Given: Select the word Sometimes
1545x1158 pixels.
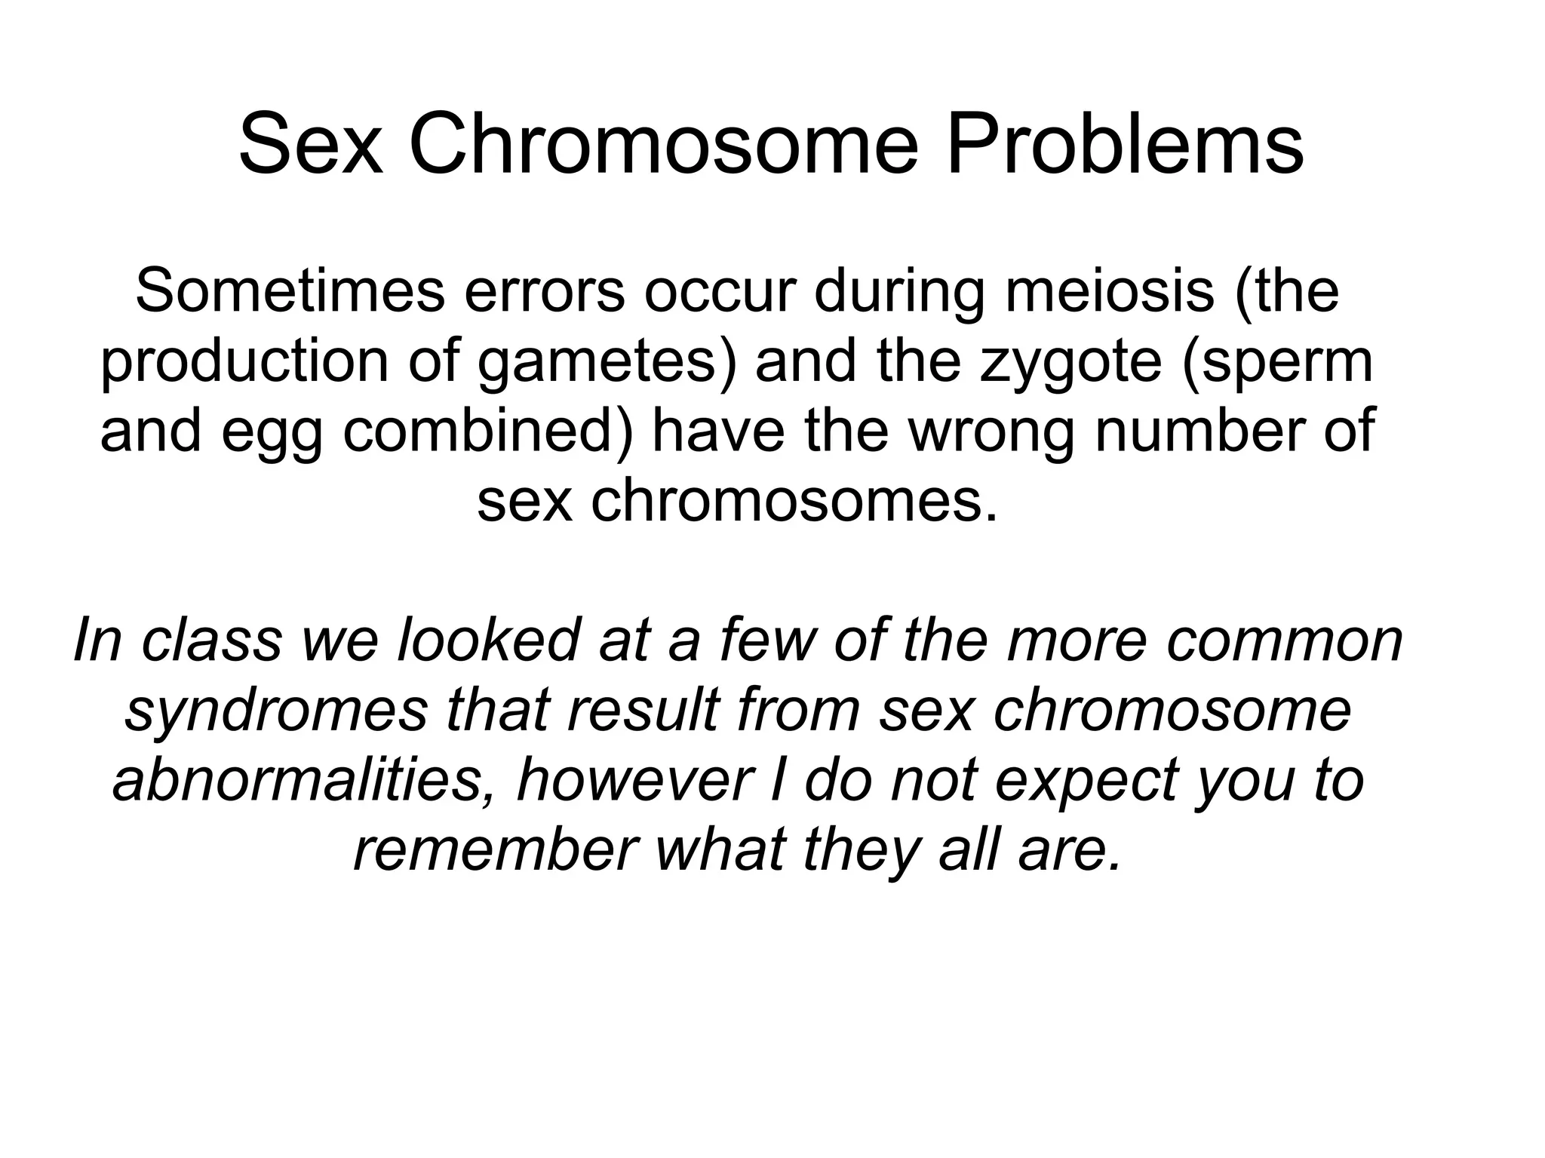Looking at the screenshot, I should coord(290,291).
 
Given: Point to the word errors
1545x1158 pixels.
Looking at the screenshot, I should coord(544,293).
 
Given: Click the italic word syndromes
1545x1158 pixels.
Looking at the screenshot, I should coord(276,711).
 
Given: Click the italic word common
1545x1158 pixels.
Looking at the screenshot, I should coord(1282,641).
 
